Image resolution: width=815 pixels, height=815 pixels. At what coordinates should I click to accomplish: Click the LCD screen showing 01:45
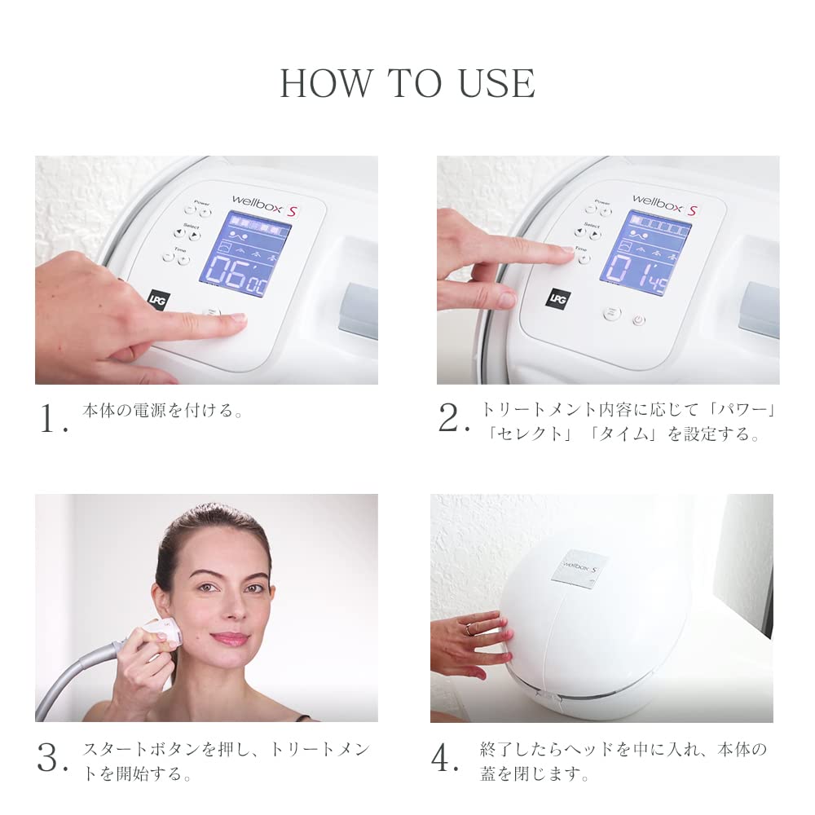click(x=645, y=253)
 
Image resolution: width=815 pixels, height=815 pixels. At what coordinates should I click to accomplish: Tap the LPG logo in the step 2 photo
click(x=557, y=298)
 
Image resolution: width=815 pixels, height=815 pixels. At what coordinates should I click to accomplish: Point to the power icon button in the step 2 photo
click(x=639, y=320)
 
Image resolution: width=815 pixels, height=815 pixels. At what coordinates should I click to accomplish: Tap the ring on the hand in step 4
click(x=470, y=629)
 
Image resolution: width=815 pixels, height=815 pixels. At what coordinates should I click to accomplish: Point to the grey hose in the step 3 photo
click(x=73, y=681)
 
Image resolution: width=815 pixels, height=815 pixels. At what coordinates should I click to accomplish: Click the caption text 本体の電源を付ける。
click(x=163, y=411)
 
